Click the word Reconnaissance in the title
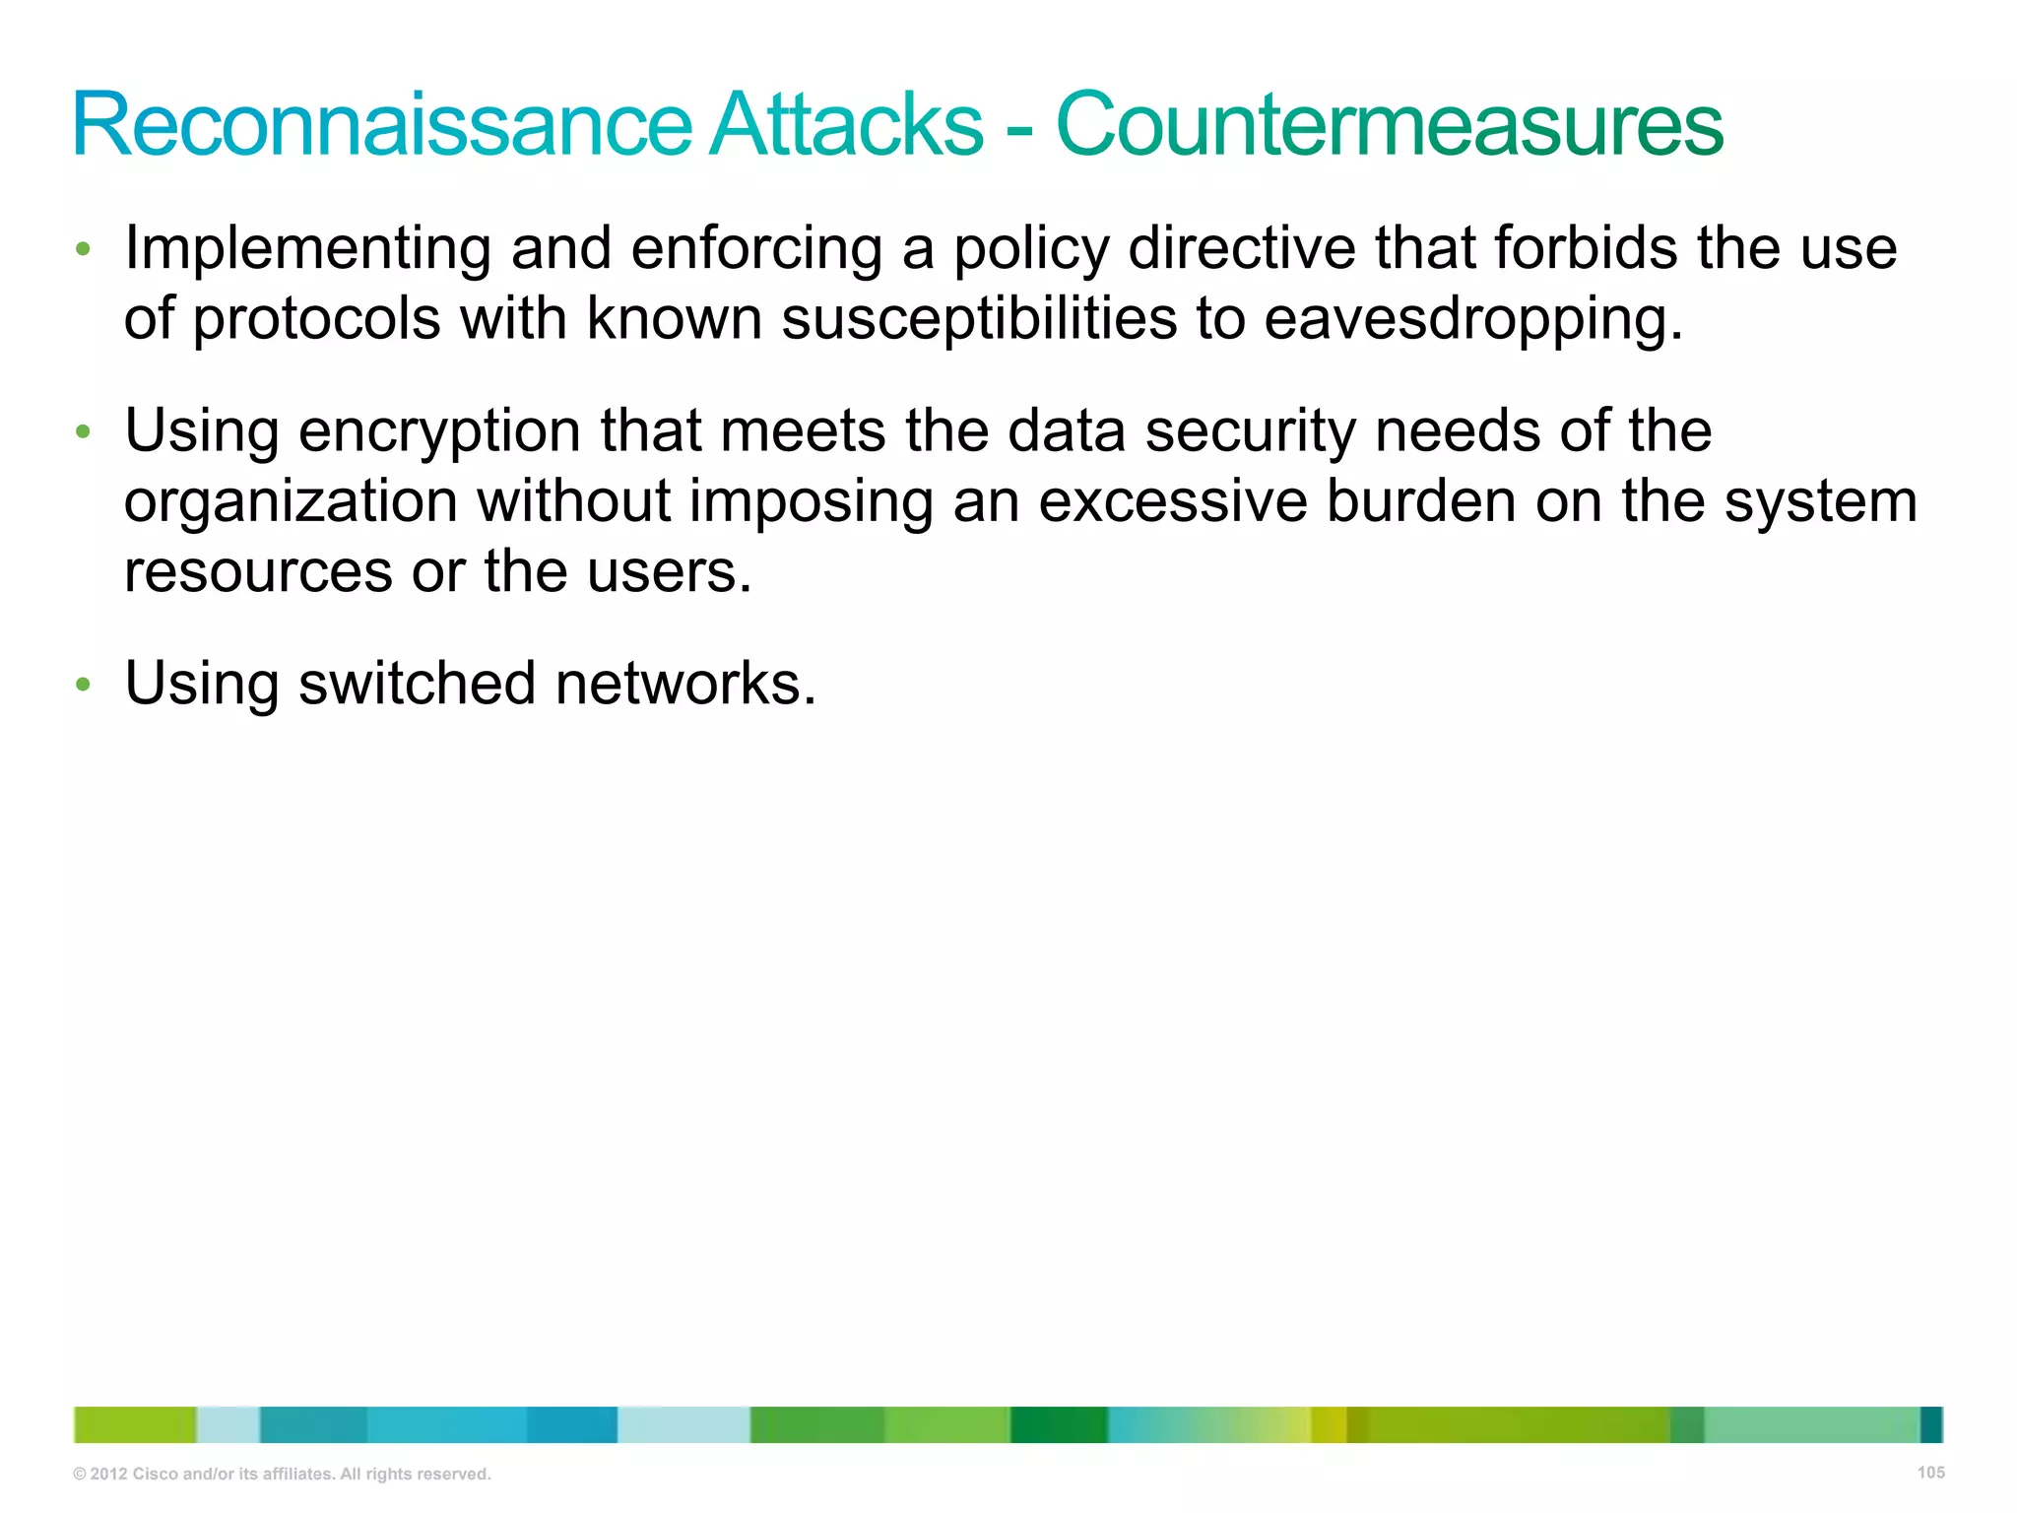tap(383, 125)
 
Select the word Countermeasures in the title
tap(1389, 125)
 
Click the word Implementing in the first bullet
tap(307, 249)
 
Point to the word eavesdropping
tap(1472, 320)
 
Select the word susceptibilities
tap(979, 320)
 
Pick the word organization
tap(291, 502)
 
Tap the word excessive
tap(1173, 502)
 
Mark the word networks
tap(685, 684)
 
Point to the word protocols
tap(316, 320)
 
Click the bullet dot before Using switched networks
tap(84, 684)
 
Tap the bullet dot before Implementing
tap(84, 249)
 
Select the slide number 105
tap(1930, 1473)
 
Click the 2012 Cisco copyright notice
tap(282, 1475)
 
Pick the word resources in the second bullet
tap(258, 572)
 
